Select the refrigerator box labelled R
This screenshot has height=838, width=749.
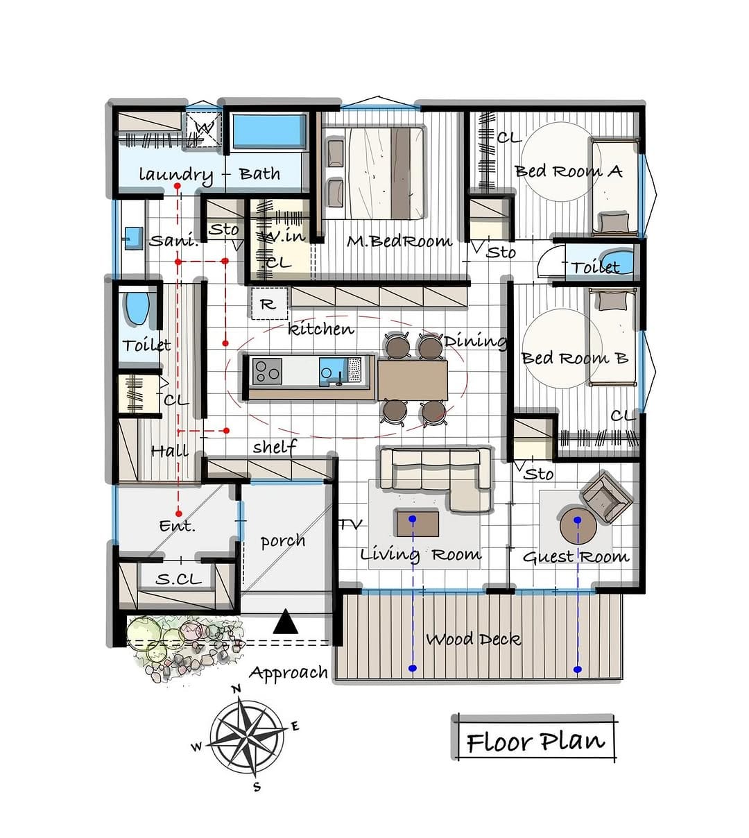[x=269, y=304]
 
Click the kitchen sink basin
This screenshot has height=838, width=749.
[x=332, y=372]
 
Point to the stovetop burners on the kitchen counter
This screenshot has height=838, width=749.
[x=267, y=372]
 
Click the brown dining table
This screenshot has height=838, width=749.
[x=413, y=380]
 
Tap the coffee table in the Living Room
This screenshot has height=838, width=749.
[x=417, y=524]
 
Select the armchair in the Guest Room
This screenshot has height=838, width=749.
[x=607, y=497]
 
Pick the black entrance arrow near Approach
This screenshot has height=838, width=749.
[x=285, y=622]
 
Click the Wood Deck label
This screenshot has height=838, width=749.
[x=473, y=640]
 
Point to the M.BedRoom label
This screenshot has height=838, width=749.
[x=399, y=241]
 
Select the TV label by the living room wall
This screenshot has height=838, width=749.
[x=351, y=524]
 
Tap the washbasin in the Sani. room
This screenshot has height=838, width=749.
[x=133, y=238]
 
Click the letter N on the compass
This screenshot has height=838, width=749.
[x=236, y=689]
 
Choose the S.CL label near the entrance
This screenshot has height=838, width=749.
[x=179, y=579]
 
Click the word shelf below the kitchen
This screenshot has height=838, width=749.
[x=275, y=447]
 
